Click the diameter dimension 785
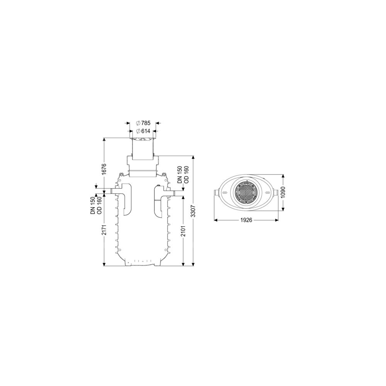[x=143, y=123]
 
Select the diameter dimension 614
[x=143, y=131]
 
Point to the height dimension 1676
[x=104, y=169]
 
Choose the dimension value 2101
[x=183, y=230]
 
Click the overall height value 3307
[x=194, y=211]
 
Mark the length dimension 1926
[x=246, y=220]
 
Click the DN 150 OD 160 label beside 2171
[x=96, y=205]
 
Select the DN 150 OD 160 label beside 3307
[x=183, y=174]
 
